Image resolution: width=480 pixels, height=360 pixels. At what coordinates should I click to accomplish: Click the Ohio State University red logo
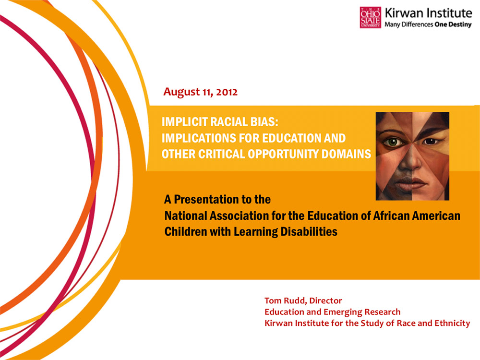370,17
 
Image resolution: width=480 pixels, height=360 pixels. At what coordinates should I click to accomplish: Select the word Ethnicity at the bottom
450,323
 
